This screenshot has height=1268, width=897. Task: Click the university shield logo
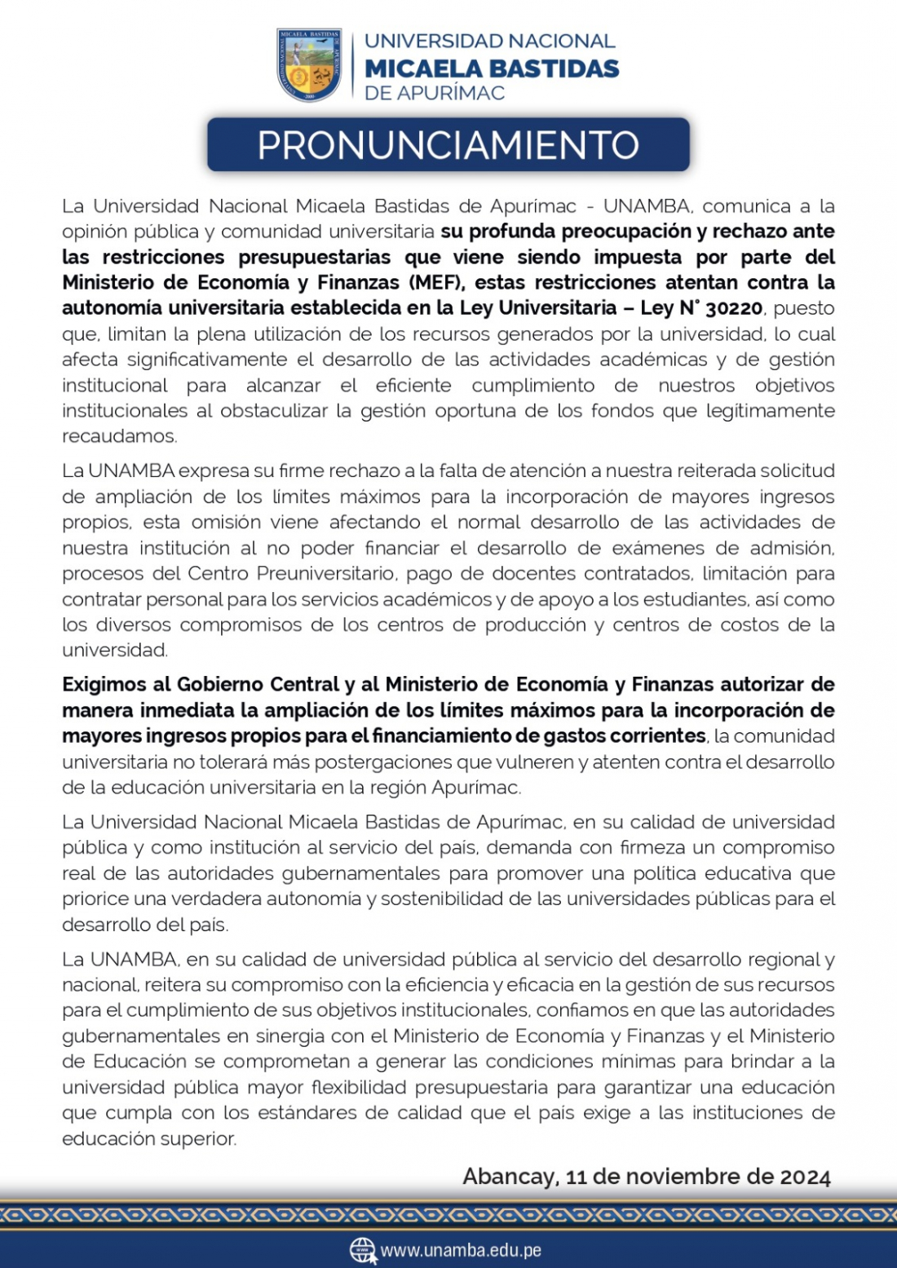click(x=309, y=65)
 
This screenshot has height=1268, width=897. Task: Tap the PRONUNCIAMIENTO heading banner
click(x=448, y=145)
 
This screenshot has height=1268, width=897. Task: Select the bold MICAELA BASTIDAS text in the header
click(x=492, y=68)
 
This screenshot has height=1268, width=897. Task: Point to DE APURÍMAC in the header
click(x=435, y=93)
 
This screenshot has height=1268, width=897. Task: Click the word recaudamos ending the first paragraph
click(x=119, y=436)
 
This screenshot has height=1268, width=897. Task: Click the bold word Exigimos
click(x=116, y=684)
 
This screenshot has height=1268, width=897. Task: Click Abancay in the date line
click(x=510, y=1177)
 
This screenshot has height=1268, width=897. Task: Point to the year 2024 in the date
click(x=805, y=1177)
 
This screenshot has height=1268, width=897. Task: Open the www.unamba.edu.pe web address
click(x=461, y=1250)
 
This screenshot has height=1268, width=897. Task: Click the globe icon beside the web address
click(x=362, y=1250)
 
